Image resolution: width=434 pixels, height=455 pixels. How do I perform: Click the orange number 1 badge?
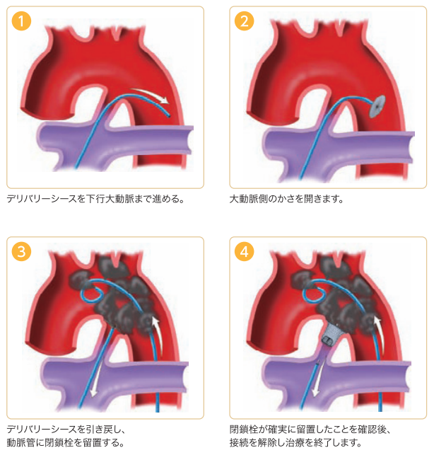pyautogui.click(x=21, y=21)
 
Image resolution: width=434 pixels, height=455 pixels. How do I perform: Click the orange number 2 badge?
pyautogui.click(x=244, y=21)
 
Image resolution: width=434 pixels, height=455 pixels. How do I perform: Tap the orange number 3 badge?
pyautogui.click(x=21, y=251)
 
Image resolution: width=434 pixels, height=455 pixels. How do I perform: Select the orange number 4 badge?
pyautogui.click(x=244, y=251)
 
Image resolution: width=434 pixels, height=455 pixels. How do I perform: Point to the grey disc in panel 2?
pyautogui.click(x=377, y=106)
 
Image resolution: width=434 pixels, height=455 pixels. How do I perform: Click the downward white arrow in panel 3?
pyautogui.click(x=97, y=374)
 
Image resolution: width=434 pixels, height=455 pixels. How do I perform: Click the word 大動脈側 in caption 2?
pyautogui.click(x=248, y=199)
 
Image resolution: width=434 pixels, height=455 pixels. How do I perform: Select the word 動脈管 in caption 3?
pyautogui.click(x=20, y=442)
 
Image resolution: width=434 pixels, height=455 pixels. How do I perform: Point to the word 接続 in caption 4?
pyautogui.click(x=239, y=442)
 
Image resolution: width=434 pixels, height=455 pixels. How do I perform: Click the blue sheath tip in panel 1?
pyautogui.click(x=169, y=116)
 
